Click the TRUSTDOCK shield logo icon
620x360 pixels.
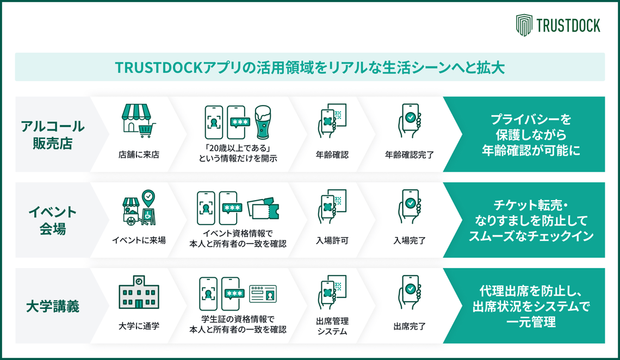(x=524, y=26)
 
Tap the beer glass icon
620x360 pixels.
(x=263, y=122)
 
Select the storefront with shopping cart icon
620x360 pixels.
(x=138, y=121)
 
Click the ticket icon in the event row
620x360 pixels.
(x=263, y=208)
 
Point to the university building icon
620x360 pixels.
(x=139, y=292)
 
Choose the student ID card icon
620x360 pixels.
(x=263, y=294)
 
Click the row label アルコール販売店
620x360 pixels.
(x=53, y=135)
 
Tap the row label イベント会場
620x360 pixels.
(x=53, y=220)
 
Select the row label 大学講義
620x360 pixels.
(x=53, y=306)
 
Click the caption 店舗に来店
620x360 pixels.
(x=139, y=154)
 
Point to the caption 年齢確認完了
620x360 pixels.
(x=410, y=154)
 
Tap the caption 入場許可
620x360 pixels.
(x=332, y=240)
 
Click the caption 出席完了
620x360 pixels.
(x=410, y=326)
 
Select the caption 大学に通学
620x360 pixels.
(x=139, y=326)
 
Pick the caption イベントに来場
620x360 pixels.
(x=139, y=240)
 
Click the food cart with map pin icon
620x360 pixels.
(x=139, y=208)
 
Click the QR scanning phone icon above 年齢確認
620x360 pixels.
(x=332, y=121)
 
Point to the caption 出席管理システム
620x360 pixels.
(x=332, y=326)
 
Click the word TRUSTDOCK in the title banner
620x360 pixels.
(x=159, y=68)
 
